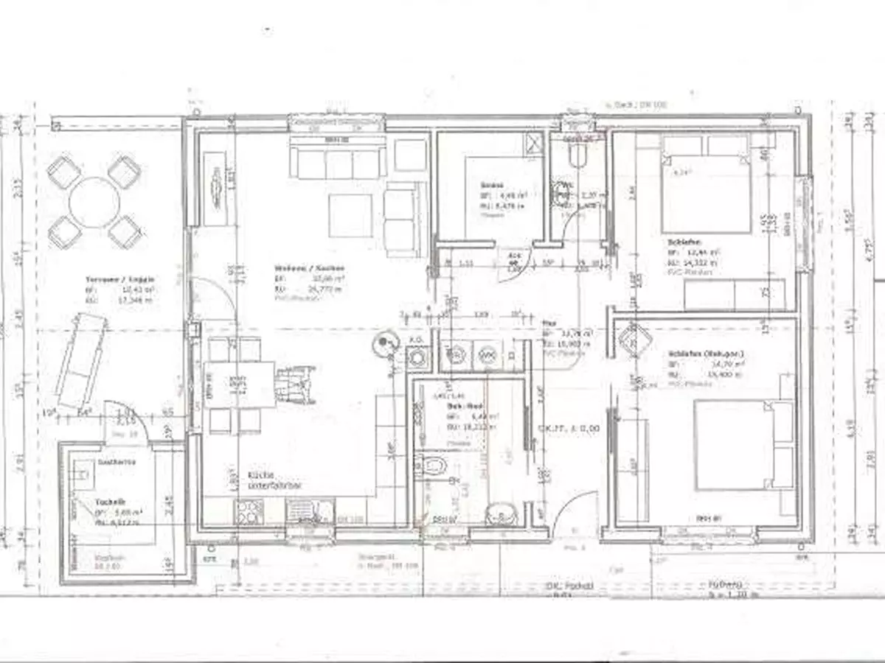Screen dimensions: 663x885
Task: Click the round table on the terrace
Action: coord(94,201)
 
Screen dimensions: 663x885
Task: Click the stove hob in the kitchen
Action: coord(249,511)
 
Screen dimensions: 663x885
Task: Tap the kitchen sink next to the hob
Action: coord(309,511)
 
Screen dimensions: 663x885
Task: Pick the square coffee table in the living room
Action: coord(350,215)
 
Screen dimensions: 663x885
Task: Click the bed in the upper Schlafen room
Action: coord(706,184)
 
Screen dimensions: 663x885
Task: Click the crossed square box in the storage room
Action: coord(533,142)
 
